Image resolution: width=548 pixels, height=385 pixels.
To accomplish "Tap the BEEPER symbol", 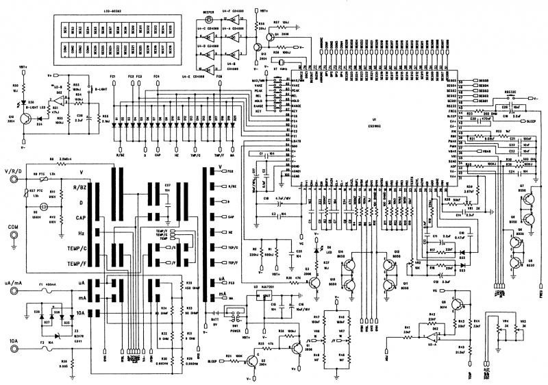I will (212, 18).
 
